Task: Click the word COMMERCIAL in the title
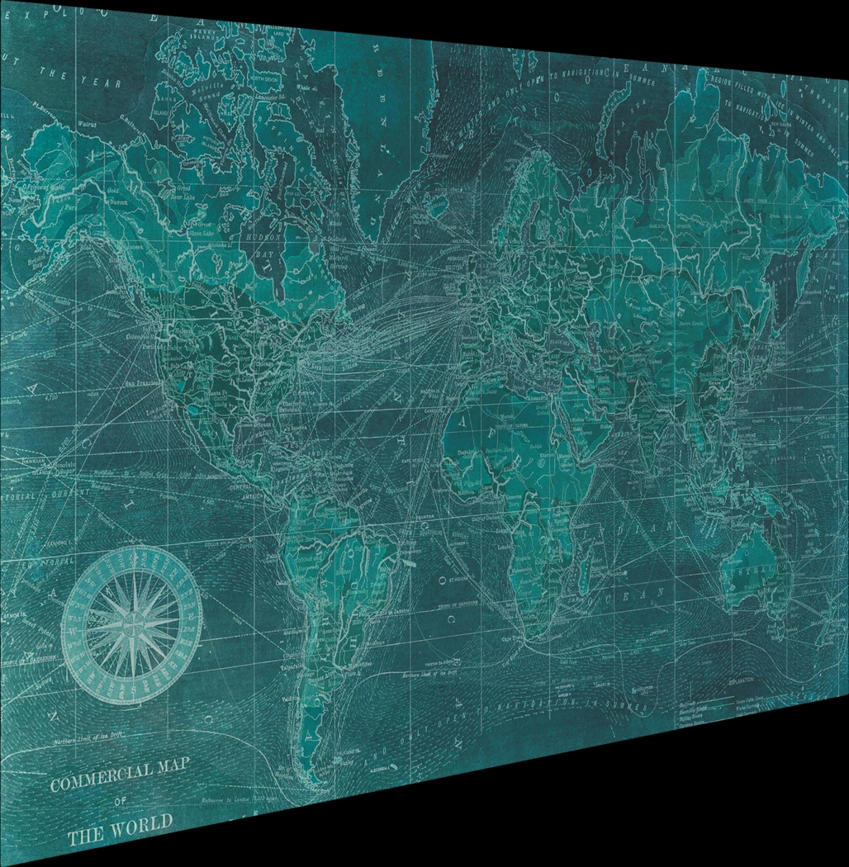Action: point(100,778)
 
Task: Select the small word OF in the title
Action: point(121,801)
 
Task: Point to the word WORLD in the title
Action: point(140,823)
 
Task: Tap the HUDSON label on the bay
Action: point(263,236)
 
